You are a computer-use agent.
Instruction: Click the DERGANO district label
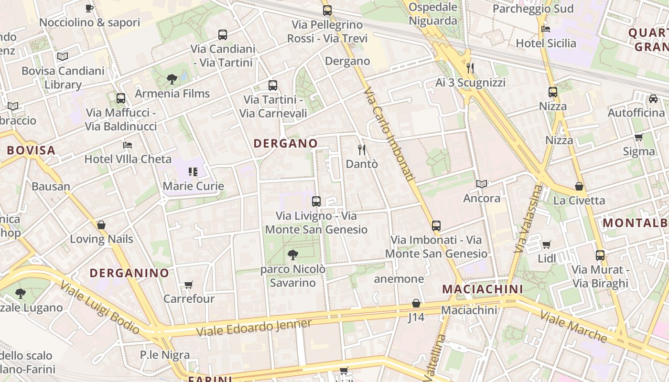coord(285,143)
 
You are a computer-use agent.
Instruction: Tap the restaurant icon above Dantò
coord(362,150)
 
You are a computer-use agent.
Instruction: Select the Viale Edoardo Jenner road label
coord(254,328)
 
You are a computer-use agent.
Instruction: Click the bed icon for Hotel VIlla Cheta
coord(127,145)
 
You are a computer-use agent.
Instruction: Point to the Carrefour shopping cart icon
coord(189,285)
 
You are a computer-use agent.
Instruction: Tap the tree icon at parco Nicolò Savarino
coord(293,255)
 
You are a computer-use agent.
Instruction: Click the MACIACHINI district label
coord(482,289)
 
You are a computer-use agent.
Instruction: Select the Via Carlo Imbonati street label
coord(388,134)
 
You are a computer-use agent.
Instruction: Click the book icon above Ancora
coord(482,184)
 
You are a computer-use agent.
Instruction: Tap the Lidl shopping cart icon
coord(546,245)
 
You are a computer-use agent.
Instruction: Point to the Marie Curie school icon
coord(193,171)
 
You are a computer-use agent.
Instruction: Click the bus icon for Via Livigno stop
coord(316,202)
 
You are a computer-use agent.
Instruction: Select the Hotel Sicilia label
coord(546,43)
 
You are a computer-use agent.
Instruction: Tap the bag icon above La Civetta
coord(579,186)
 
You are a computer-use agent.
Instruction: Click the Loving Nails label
coord(101,239)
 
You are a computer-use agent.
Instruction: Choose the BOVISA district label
coord(31,150)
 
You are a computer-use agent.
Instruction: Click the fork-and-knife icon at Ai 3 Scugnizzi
coord(470,68)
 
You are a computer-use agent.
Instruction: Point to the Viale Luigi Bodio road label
coord(100,307)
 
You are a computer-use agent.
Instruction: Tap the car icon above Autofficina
coord(653,99)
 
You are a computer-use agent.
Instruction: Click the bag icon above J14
coord(416,303)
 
